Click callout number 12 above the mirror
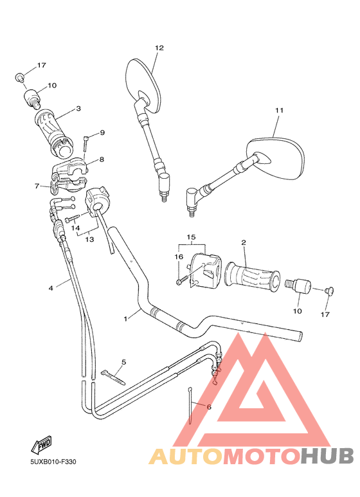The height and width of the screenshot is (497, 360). (x=159, y=48)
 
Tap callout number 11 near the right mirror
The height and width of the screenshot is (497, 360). (x=279, y=111)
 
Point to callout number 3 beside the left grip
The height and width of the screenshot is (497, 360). (x=78, y=109)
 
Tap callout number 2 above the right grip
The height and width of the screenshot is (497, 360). (x=244, y=242)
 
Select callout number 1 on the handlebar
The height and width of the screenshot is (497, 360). (x=127, y=318)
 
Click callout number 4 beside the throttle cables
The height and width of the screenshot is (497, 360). (x=50, y=288)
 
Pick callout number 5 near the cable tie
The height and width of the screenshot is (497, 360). (x=123, y=362)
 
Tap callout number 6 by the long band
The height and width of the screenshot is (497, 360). (x=208, y=406)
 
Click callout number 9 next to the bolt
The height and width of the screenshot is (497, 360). (x=102, y=133)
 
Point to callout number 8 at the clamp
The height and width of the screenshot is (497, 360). (x=101, y=159)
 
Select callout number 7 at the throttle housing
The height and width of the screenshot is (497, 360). (x=37, y=186)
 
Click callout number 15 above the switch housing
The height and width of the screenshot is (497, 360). (x=190, y=237)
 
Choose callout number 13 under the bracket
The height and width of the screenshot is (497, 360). (x=89, y=239)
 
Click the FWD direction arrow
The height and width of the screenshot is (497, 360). (x=40, y=444)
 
